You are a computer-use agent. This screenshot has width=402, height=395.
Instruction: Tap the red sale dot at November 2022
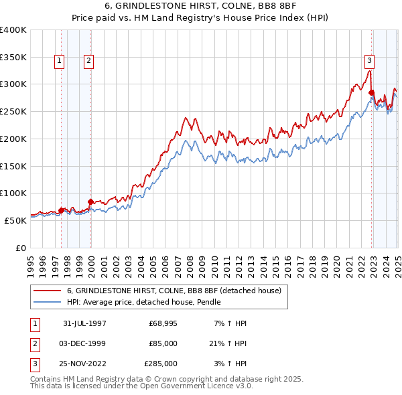(x=371, y=92)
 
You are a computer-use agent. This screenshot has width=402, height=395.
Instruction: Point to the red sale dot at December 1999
(x=90, y=201)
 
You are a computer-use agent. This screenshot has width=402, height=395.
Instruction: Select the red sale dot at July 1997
(x=62, y=210)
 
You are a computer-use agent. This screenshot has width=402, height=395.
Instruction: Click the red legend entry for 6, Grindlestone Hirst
(x=178, y=291)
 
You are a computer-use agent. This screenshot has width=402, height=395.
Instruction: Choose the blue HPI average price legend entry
(x=143, y=303)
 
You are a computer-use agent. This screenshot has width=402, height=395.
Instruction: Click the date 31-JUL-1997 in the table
(x=84, y=323)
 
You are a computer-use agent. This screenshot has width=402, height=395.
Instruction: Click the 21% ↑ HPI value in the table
(x=227, y=343)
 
